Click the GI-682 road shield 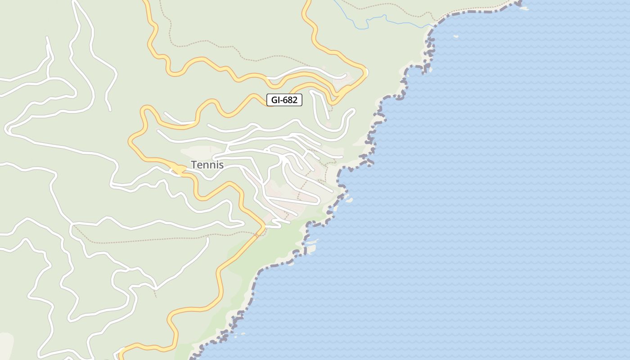[284, 100]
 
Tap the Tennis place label [207, 165]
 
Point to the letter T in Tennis [194, 165]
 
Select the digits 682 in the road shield [290, 100]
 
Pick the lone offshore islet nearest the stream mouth [455, 36]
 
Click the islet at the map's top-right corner [524, 8]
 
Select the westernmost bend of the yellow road [131, 141]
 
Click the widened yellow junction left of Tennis [179, 169]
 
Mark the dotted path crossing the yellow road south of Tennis [256, 234]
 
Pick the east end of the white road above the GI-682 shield [346, 75]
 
